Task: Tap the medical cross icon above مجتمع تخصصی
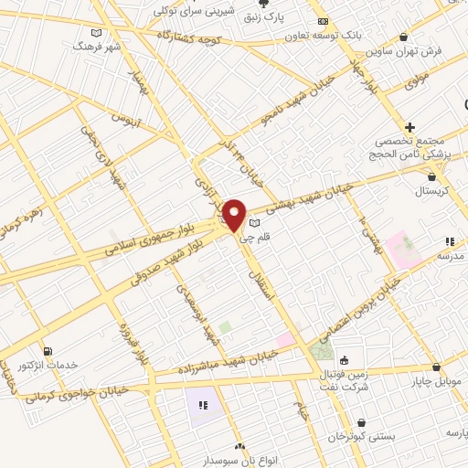pos(410,127)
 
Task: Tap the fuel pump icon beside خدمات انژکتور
pos(48,350)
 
